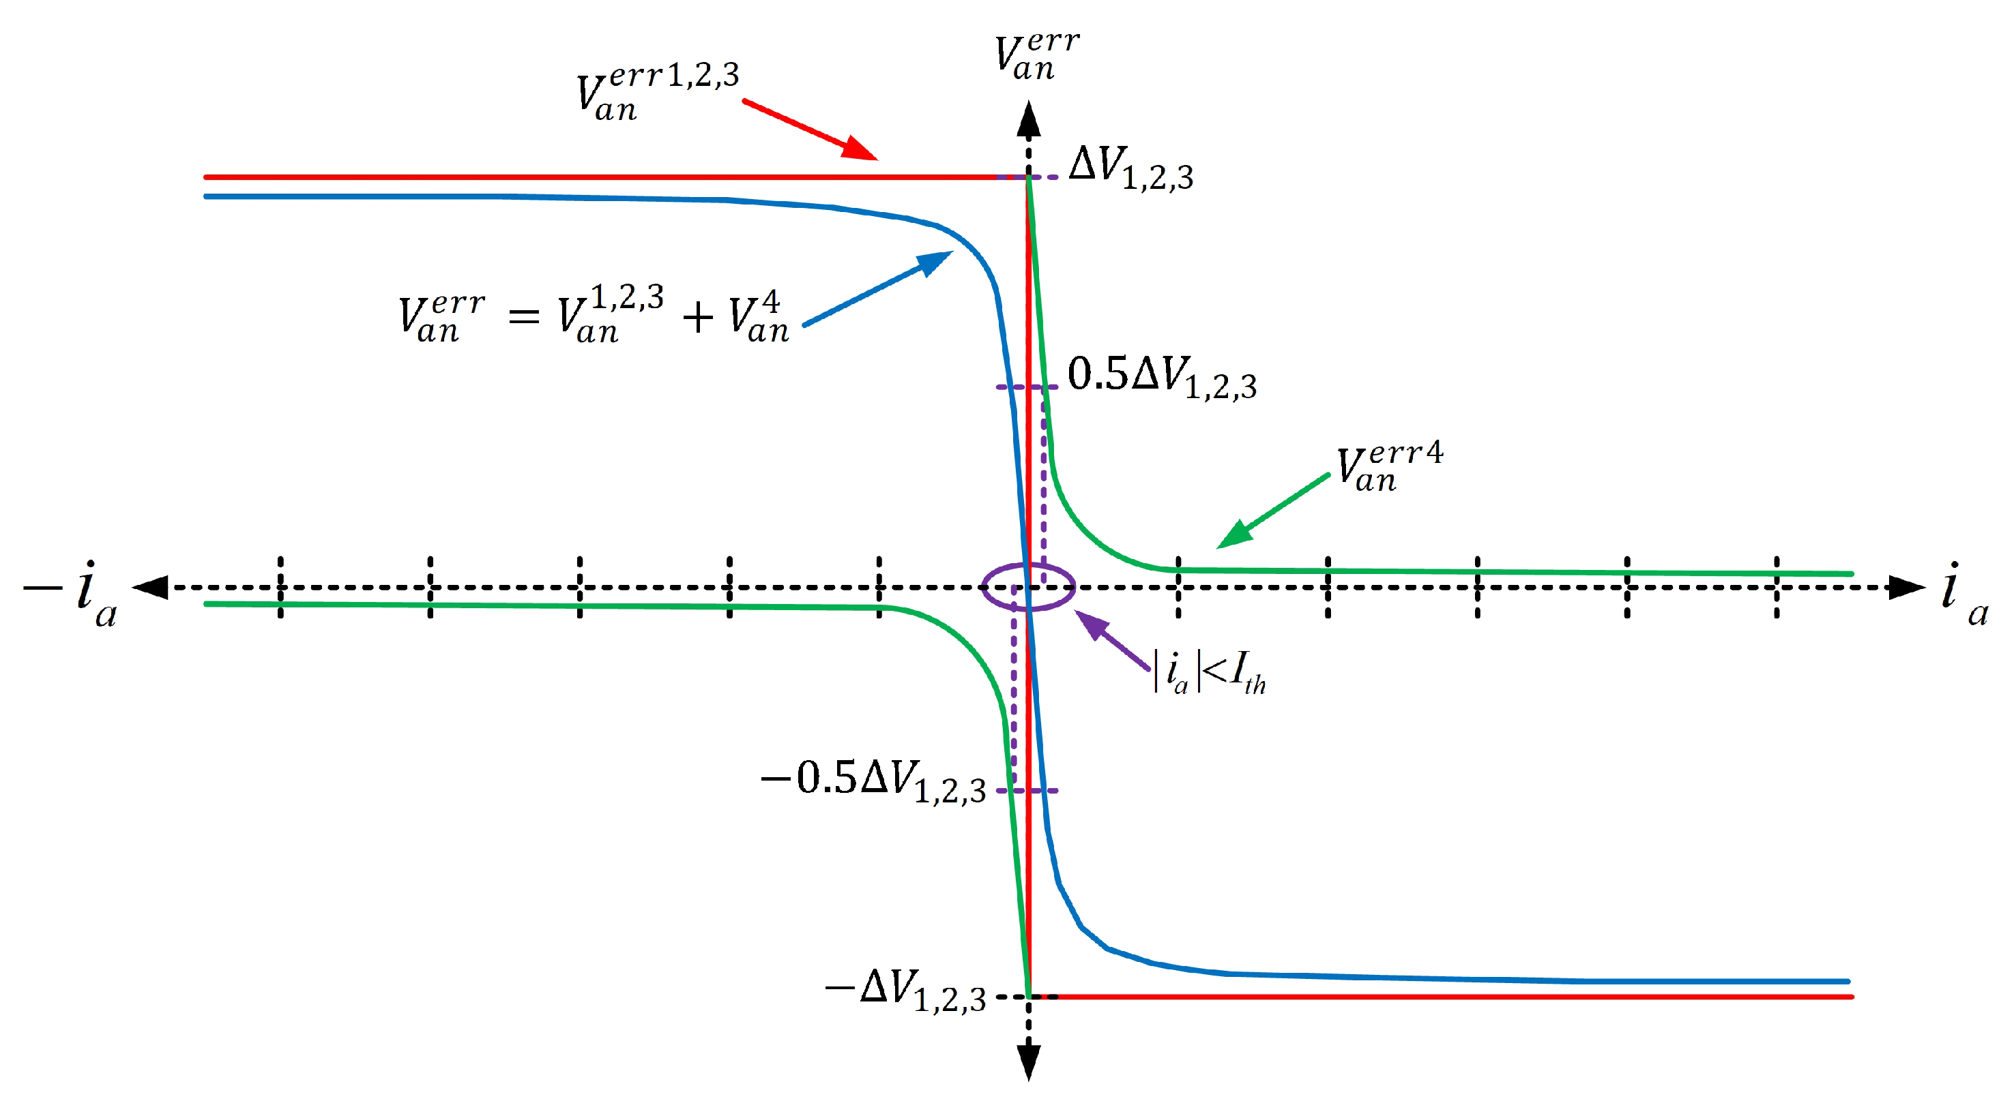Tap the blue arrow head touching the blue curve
tap(935, 261)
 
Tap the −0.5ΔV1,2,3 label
tap(873, 781)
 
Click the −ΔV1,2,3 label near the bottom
tap(905, 991)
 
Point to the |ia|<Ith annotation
tap(1210, 672)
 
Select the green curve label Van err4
tap(1389, 468)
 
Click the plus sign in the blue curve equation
tap(697, 318)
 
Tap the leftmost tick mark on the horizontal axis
tap(280, 587)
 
